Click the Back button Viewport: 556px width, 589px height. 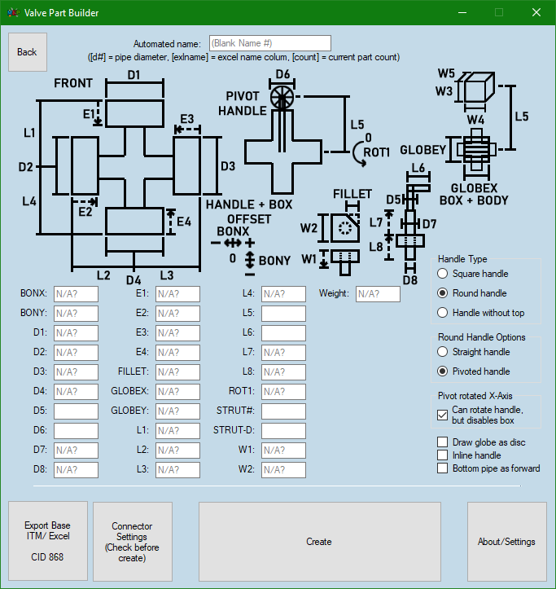[27, 52]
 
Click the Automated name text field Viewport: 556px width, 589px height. [269, 43]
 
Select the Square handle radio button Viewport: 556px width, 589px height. [443, 274]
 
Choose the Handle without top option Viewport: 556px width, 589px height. [443, 313]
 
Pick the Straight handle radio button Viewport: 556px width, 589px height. [443, 352]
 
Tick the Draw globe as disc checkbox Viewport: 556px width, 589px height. [443, 442]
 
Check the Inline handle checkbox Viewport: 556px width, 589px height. [443, 455]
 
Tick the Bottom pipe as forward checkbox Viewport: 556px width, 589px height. [443, 468]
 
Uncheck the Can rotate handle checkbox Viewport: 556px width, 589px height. [443, 415]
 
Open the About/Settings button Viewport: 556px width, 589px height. [506, 542]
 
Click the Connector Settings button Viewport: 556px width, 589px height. [132, 542]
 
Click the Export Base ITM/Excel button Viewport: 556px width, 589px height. [47, 542]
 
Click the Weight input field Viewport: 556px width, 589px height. [378, 294]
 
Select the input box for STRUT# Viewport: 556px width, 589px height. [283, 411]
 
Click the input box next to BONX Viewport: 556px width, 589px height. [76, 294]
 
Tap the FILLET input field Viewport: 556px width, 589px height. [177, 372]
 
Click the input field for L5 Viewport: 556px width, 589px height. [283, 314]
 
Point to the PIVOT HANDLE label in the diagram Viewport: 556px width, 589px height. [242, 103]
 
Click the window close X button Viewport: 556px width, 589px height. [536, 12]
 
